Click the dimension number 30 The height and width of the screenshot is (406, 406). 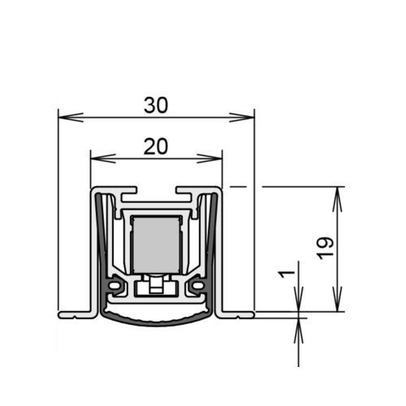click(x=156, y=106)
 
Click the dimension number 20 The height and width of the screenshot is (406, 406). click(x=156, y=146)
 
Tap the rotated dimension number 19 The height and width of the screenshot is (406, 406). click(x=326, y=248)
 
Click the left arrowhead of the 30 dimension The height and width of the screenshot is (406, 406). click(x=71, y=117)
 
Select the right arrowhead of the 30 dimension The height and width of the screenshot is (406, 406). click(x=241, y=117)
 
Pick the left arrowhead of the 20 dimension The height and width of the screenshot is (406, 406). click(x=103, y=158)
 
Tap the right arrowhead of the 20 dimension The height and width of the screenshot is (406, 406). click(x=209, y=158)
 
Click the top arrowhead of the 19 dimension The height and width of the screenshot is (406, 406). click(x=337, y=199)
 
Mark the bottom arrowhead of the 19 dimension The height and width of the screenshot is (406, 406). click(x=337, y=299)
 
